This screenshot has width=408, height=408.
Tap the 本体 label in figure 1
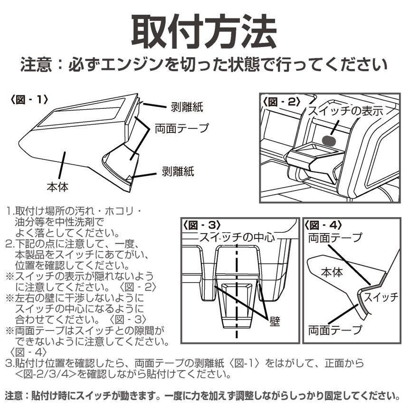[57, 187]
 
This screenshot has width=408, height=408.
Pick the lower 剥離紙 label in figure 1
[178, 171]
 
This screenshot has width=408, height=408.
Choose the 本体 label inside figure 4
[332, 273]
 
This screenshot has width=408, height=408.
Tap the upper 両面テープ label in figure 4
[335, 237]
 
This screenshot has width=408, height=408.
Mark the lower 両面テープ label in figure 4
[335, 330]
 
